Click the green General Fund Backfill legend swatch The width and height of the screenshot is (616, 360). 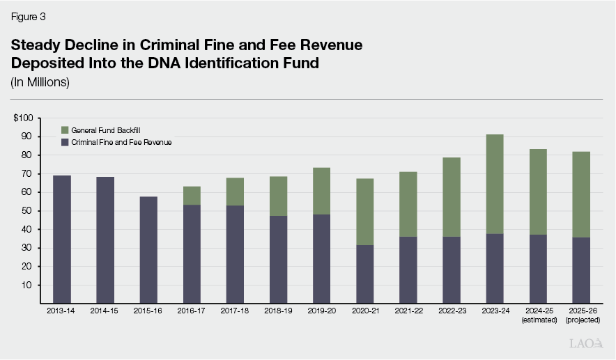[65, 130]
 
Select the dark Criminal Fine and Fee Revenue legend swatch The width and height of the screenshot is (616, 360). [65, 142]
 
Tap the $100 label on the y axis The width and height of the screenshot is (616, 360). [23, 118]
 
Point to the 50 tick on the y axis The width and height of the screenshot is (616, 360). [27, 211]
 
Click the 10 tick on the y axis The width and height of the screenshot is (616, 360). [27, 285]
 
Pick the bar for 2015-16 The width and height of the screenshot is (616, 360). [148, 250]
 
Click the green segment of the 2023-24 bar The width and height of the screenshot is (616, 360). [495, 184]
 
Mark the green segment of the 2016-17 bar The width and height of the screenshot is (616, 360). [192, 196]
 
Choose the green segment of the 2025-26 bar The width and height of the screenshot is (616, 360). [581, 194]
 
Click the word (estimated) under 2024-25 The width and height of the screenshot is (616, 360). [538, 320]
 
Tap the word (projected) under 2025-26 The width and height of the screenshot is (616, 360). [581, 320]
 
